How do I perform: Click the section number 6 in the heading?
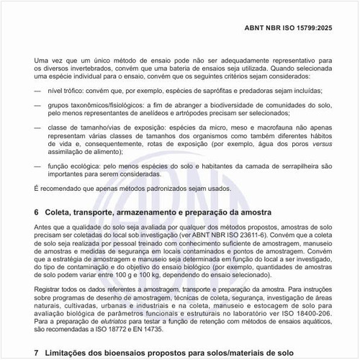click(x=37, y=213)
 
